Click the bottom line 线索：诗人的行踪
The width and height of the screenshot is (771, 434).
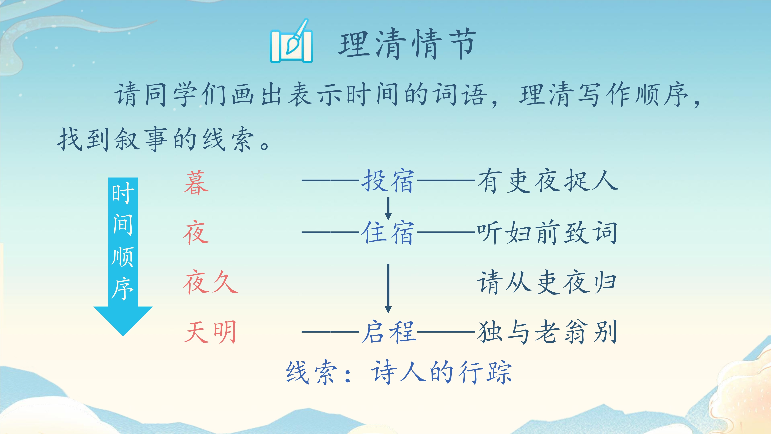tap(399, 372)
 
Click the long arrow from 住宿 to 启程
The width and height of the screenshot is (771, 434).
tap(388, 288)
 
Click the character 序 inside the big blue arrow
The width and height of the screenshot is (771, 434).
tap(123, 288)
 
